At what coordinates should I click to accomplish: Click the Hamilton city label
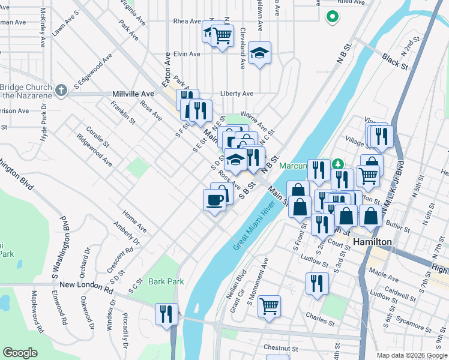pyautogui.click(x=372, y=242)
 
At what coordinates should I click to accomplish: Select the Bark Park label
pyautogui.click(x=166, y=281)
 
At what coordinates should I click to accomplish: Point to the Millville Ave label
pyautogui.click(x=133, y=94)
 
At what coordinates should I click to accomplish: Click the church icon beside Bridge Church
pyautogui.click(x=60, y=91)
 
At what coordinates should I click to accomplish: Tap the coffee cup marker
pyautogui.click(x=215, y=200)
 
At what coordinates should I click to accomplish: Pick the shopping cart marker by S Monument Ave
pyautogui.click(x=270, y=306)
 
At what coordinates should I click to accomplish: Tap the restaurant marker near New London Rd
pyautogui.click(x=166, y=313)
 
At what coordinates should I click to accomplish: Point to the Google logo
pyautogui.click(x=20, y=353)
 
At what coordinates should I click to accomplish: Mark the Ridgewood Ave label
pyautogui.click(x=94, y=149)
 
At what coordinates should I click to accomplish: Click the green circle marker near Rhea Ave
pyautogui.click(x=331, y=17)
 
